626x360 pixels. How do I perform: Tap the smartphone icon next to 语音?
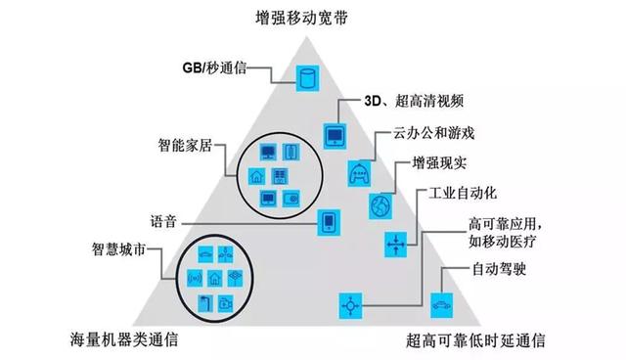click(x=330, y=222)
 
